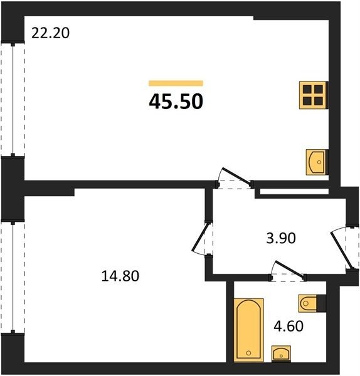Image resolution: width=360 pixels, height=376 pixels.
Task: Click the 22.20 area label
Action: point(50,33)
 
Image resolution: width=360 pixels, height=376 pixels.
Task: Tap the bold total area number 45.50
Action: point(176,102)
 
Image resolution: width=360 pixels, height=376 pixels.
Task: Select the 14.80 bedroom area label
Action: point(120,276)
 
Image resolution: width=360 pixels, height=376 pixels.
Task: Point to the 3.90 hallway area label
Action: point(281,239)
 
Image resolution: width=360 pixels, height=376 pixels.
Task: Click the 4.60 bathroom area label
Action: point(289,326)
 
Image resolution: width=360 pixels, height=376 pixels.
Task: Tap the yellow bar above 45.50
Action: point(176,83)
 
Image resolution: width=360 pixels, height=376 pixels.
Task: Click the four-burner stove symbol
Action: point(313,95)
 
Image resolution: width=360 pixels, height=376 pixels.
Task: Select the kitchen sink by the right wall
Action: point(316,162)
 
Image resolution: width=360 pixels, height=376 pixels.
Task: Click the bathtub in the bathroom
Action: point(248,330)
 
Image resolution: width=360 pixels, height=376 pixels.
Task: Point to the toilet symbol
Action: point(312,303)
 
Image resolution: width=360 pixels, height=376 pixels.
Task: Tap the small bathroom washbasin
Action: point(281,353)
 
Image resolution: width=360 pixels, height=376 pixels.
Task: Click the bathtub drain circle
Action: point(248,353)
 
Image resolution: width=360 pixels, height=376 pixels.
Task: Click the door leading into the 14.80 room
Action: point(202,238)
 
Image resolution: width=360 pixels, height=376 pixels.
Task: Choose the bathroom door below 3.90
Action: point(287,271)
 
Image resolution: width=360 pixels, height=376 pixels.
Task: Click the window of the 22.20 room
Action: point(13,100)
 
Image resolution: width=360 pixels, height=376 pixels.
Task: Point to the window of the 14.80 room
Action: point(13,277)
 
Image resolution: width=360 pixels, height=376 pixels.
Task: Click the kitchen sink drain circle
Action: point(319,162)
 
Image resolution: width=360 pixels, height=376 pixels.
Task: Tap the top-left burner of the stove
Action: point(307,90)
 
